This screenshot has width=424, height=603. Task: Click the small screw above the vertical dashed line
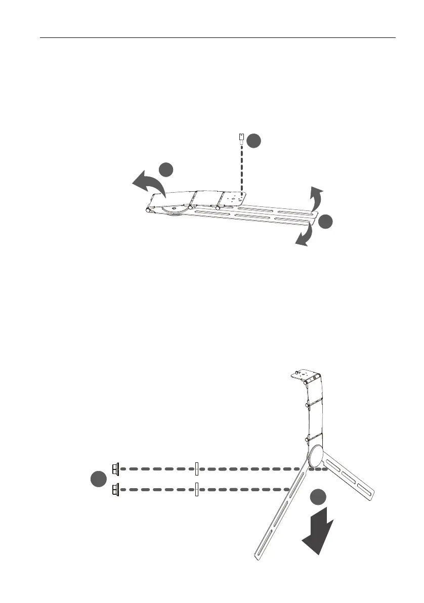point(242,138)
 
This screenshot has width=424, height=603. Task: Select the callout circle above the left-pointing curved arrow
point(166,169)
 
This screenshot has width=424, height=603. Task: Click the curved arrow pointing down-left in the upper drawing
point(304,237)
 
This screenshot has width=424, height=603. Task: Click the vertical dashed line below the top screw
point(242,169)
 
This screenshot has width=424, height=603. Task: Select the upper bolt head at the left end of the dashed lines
point(115,469)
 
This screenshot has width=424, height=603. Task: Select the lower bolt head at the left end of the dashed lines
point(115,490)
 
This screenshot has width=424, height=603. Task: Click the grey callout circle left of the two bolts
point(97,479)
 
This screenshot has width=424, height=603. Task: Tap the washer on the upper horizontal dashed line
point(196,469)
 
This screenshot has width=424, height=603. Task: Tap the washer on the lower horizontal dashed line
point(196,490)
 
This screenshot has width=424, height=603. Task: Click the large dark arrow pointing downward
point(317,531)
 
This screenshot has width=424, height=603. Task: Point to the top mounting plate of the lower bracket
point(306,376)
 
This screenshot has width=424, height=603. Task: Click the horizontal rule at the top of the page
point(218,37)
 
